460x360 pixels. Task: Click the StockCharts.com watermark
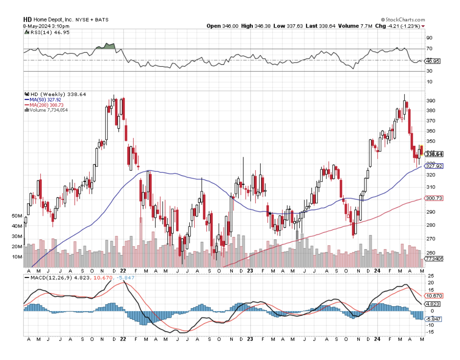point(403,20)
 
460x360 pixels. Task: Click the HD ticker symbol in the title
point(27,20)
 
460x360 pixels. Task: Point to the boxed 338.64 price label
point(434,154)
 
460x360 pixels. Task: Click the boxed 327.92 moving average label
point(434,166)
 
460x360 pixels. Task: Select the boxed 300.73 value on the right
point(434,198)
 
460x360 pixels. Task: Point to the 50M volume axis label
point(17,215)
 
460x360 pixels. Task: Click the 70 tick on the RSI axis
point(429,49)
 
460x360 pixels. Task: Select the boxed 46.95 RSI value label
point(432,61)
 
